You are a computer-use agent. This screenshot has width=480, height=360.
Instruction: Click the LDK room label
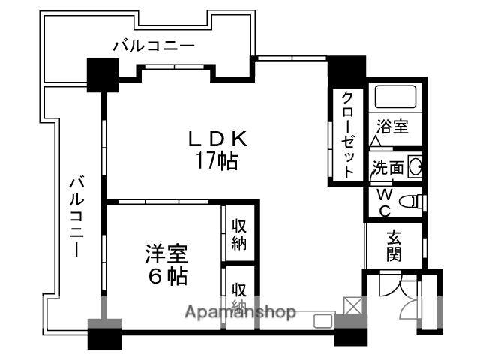tap(217, 139)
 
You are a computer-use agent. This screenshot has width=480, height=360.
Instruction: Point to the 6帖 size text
tap(166, 276)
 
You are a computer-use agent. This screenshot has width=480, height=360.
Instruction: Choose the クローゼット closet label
tap(347, 133)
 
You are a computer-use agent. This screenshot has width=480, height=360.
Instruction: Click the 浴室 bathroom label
tap(393, 125)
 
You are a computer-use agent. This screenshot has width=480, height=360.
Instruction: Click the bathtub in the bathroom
tap(396, 97)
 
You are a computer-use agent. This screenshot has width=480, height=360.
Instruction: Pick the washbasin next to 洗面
tap(414, 167)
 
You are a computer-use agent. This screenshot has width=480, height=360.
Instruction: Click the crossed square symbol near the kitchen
tap(351, 306)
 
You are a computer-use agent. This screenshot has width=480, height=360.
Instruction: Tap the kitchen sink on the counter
tap(323, 321)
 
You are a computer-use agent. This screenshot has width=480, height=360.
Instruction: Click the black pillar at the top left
tap(103, 75)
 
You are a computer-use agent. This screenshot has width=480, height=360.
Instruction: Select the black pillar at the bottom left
tap(104, 333)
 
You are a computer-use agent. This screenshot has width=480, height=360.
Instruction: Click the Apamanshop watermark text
tap(240, 312)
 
